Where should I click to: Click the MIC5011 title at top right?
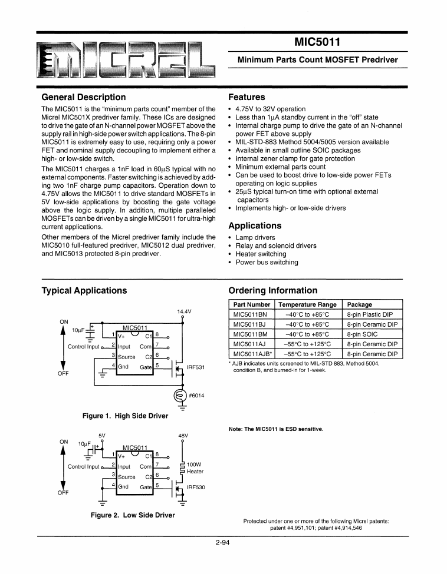pyautogui.click(x=317, y=42)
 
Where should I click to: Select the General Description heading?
pyautogui.click(x=83, y=97)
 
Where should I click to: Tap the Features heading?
pyautogui.click(x=246, y=97)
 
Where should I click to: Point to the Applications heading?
pyautogui.click(x=255, y=225)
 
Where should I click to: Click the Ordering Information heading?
pyautogui.click(x=272, y=290)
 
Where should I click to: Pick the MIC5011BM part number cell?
pyautogui.click(x=251, y=334)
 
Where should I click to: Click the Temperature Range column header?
pyautogui.click(x=307, y=304)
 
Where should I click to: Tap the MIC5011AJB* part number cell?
pyautogui.click(x=252, y=354)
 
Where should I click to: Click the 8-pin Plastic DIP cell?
pyautogui.click(x=370, y=314)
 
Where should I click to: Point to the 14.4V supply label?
pyautogui.click(x=184, y=311)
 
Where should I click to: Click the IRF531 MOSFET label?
pyautogui.click(x=195, y=367)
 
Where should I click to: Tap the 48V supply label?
pyautogui.click(x=183, y=436)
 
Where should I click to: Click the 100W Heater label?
pyautogui.click(x=195, y=467)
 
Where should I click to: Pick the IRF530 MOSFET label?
pyautogui.click(x=195, y=487)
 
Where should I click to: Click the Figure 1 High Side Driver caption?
pyautogui.click(x=125, y=416)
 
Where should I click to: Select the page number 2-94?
pyautogui.click(x=222, y=543)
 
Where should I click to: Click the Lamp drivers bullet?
pyautogui.click(x=255, y=238)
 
